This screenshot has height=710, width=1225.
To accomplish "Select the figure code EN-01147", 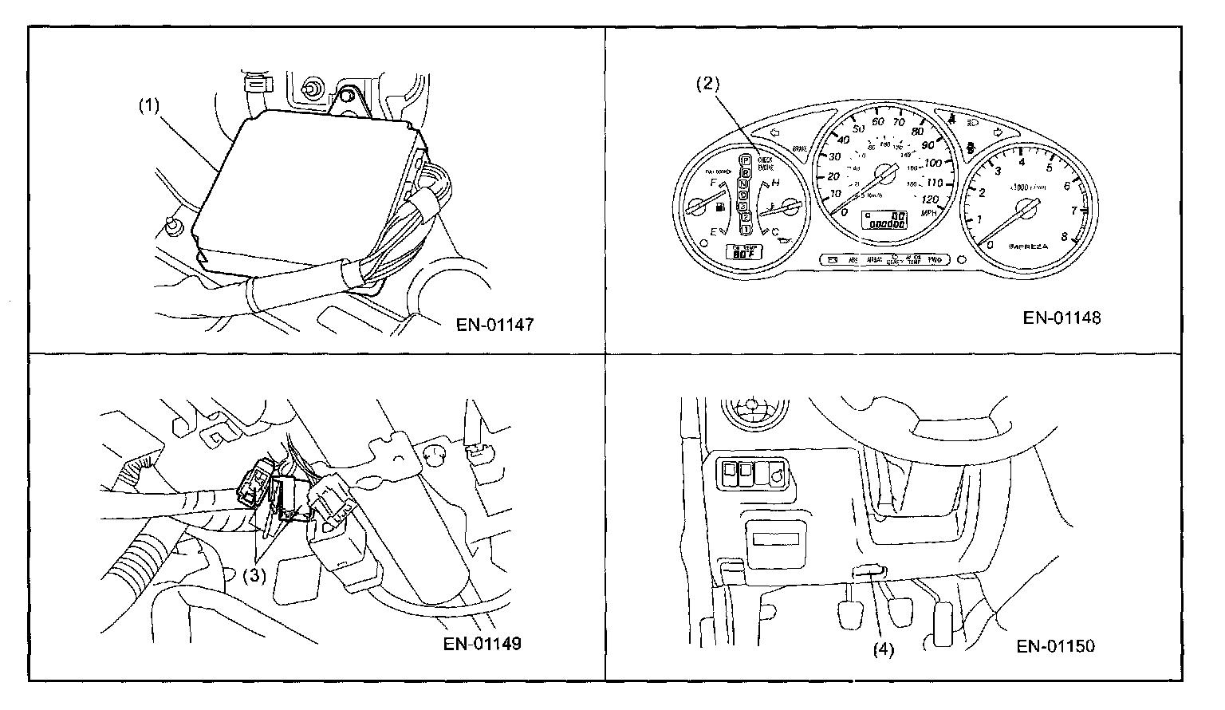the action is tap(494, 325).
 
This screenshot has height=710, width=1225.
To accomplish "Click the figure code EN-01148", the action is tap(1062, 318).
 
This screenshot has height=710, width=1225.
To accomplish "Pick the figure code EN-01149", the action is tap(483, 643).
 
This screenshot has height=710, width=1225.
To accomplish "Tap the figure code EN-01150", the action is tap(1056, 645).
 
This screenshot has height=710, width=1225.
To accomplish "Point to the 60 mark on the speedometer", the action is tap(878, 121).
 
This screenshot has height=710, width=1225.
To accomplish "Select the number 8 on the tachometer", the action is tap(1065, 236).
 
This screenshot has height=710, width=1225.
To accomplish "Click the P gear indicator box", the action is tap(745, 161).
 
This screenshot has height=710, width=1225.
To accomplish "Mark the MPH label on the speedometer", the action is tap(929, 214).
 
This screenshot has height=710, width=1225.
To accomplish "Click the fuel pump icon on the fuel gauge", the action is tap(721, 210).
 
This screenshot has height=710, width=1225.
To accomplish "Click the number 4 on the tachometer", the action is tap(1022, 161).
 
